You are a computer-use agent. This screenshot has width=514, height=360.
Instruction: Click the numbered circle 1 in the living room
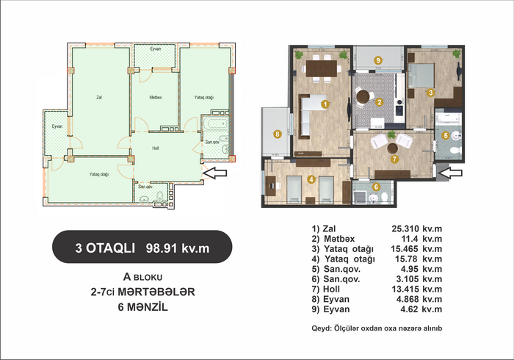[325, 104]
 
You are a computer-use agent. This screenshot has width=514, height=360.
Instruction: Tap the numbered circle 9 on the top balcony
[378, 60]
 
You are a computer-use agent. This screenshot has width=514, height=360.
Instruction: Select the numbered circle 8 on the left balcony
[278, 134]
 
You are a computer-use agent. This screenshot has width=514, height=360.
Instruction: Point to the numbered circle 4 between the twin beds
[311, 179]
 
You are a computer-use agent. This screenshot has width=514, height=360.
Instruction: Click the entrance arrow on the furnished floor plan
[450, 173]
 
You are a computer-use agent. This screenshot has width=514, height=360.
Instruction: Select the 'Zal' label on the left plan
[99, 98]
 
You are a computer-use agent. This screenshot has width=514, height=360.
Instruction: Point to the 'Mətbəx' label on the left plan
[156, 98]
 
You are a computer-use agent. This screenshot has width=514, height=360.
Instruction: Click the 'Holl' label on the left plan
[156, 148]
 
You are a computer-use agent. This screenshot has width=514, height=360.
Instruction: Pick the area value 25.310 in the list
[405, 228]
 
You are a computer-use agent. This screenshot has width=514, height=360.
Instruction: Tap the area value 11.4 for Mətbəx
[410, 239]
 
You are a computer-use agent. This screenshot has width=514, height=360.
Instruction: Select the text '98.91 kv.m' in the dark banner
[178, 248]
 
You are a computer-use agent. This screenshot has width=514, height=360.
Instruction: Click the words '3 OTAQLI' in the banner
[105, 248]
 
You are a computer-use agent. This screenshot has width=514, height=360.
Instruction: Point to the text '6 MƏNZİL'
[143, 307]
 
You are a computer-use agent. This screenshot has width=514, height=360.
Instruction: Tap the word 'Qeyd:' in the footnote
[322, 328]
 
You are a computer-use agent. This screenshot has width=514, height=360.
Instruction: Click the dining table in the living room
[322, 68]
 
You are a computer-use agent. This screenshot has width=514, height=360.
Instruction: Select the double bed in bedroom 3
[421, 76]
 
